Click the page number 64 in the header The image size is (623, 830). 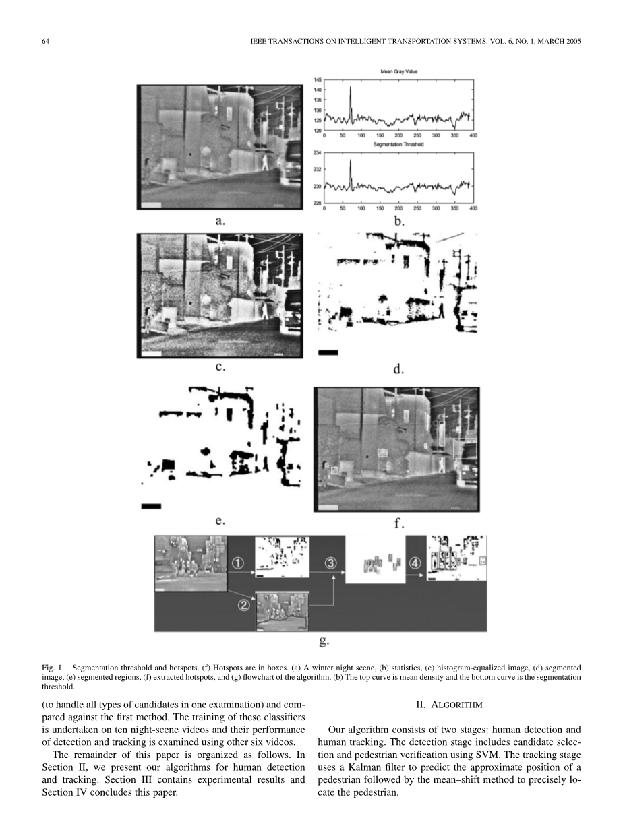click(45, 42)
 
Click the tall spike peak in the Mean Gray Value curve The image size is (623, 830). click(351, 87)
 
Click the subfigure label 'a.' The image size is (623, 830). click(220, 220)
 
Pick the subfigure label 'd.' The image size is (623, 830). click(398, 369)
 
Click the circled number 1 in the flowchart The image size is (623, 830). click(239, 562)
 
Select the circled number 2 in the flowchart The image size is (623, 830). click(244, 606)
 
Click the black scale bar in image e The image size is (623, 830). click(152, 505)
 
